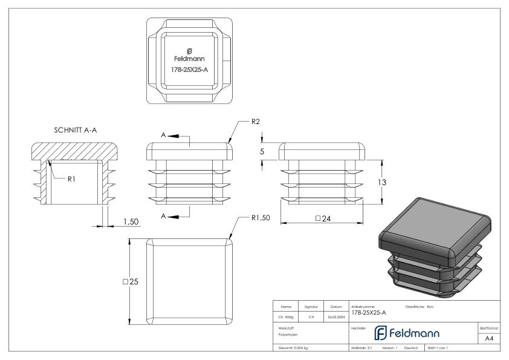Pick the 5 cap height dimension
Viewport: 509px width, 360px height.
coord(262,152)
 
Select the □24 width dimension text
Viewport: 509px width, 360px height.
coord(322,218)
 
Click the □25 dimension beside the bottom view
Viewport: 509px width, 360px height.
coord(131,281)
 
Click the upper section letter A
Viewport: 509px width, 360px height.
coord(163,136)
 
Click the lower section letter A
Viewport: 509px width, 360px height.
coord(163,215)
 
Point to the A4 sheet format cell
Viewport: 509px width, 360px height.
coord(490,339)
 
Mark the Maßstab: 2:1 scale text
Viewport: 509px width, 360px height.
coord(361,349)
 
